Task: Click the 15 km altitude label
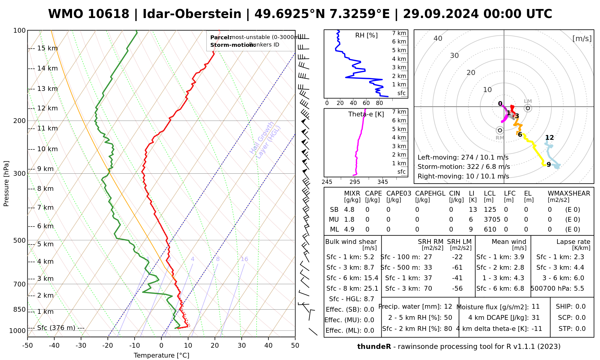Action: click(x=47, y=48)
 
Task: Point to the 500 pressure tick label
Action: click(x=20, y=240)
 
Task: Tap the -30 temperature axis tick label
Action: click(x=81, y=346)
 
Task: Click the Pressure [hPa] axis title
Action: click(x=6, y=184)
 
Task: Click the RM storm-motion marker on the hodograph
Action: click(x=500, y=130)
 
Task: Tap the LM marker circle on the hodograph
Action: click(x=528, y=108)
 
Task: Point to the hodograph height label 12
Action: click(x=549, y=138)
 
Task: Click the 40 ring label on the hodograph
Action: click(x=438, y=38)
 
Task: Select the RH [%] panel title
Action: click(x=366, y=35)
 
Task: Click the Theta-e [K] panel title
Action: click(x=366, y=114)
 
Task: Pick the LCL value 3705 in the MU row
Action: click(x=492, y=220)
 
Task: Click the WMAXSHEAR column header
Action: click(x=569, y=193)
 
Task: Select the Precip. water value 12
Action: click(x=448, y=307)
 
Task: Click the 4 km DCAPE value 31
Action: click(x=535, y=318)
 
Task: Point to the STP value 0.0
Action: click(x=580, y=329)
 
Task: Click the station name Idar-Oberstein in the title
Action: click(x=192, y=14)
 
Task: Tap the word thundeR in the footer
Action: click(x=374, y=347)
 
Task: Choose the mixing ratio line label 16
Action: click(x=244, y=259)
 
